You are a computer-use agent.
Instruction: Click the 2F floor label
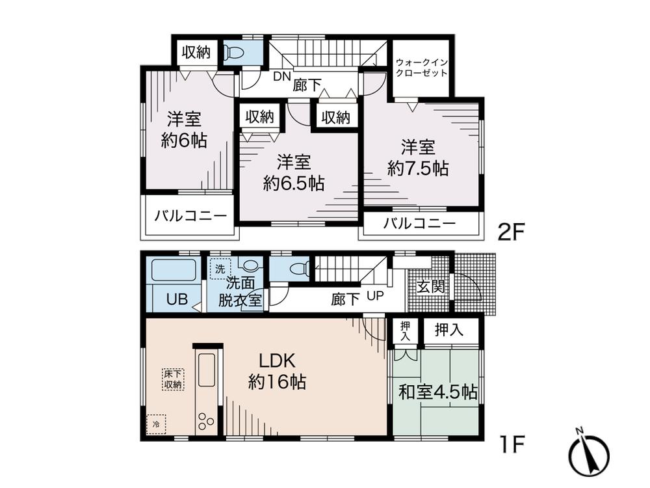point(510,232)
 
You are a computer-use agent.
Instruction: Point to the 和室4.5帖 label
point(437,392)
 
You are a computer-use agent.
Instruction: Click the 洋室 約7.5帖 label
point(417,157)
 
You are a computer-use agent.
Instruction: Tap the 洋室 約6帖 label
point(184,129)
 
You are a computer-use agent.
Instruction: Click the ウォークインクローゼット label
point(422,68)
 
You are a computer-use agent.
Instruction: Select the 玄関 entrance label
point(430,286)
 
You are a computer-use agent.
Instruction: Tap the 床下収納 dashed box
point(174,379)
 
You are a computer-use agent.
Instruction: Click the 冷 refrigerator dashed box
point(156,424)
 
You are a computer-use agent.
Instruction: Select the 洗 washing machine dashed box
point(220,268)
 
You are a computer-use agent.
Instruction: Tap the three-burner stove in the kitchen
point(206,420)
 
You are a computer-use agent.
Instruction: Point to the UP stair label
point(375,297)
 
